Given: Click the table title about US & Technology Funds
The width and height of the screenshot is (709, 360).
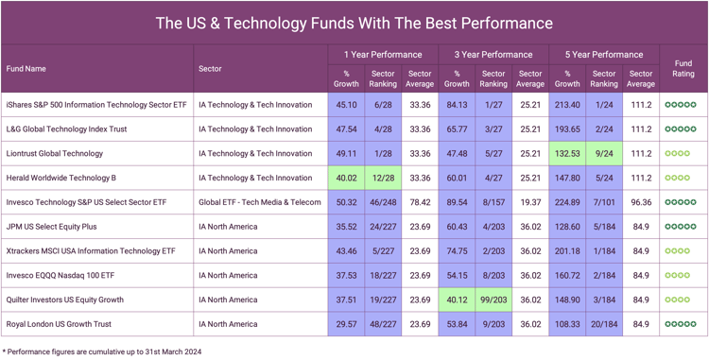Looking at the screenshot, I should pyautogui.click(x=354, y=23).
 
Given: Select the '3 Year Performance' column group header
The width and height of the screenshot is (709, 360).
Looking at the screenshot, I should pyautogui.click(x=493, y=55).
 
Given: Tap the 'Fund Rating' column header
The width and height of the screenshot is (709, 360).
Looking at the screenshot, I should pyautogui.click(x=683, y=69).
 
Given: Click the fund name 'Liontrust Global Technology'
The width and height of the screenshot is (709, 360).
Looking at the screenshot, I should pyautogui.click(x=55, y=153).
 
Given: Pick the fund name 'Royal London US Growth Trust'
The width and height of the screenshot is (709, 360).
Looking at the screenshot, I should pyautogui.click(x=59, y=324).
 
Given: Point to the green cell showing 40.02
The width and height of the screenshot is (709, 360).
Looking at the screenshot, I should pyautogui.click(x=346, y=178).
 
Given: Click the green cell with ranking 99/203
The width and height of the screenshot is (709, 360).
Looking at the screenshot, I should pyautogui.click(x=493, y=300).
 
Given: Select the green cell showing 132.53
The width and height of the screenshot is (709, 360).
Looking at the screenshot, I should pyautogui.click(x=567, y=153).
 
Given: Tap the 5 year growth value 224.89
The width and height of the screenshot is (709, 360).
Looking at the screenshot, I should pyautogui.click(x=567, y=202).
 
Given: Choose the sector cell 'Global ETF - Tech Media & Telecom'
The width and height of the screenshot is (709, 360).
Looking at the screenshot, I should pyautogui.click(x=260, y=202).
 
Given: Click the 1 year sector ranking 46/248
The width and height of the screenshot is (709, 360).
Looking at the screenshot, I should pyautogui.click(x=383, y=202).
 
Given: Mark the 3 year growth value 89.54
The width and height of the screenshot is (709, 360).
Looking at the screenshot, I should pyautogui.click(x=457, y=202).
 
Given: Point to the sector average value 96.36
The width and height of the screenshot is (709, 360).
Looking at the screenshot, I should pyautogui.click(x=641, y=202).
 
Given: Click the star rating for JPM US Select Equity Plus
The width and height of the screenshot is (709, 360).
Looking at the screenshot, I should pyautogui.click(x=681, y=227).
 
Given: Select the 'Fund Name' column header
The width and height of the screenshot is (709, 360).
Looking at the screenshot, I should pyautogui.click(x=26, y=69).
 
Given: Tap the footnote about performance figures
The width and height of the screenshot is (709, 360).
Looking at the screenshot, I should pyautogui.click(x=102, y=351).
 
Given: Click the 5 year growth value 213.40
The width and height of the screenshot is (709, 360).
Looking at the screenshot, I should pyautogui.click(x=567, y=105).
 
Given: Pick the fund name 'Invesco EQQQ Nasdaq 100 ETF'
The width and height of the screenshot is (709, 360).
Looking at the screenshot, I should pyautogui.click(x=60, y=275).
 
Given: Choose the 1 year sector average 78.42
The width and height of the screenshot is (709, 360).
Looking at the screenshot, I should pyautogui.click(x=420, y=202).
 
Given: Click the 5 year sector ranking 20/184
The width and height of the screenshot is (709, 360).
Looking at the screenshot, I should pyautogui.click(x=604, y=324).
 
